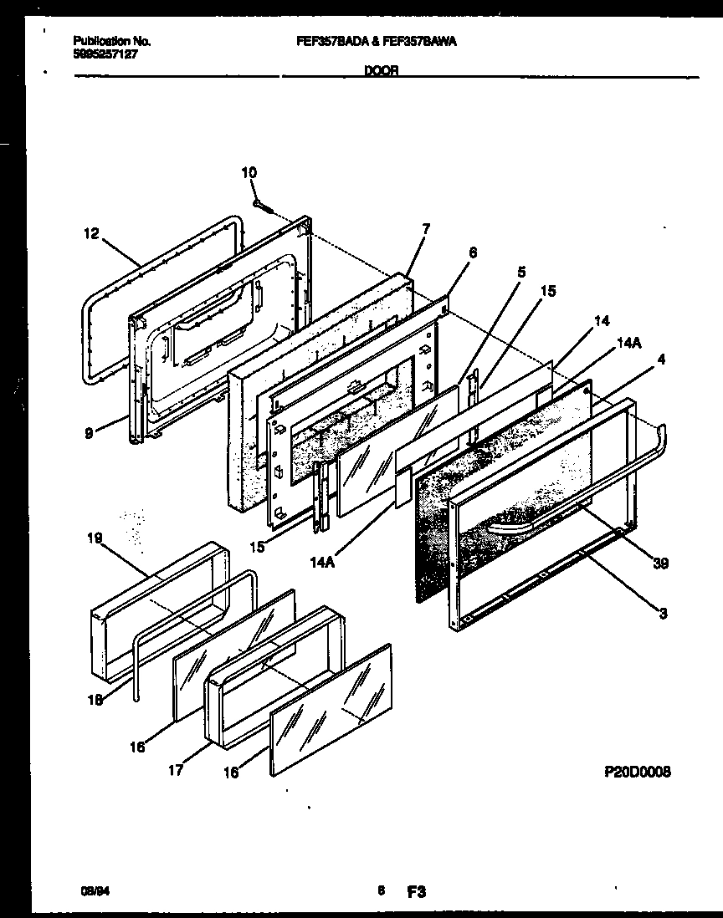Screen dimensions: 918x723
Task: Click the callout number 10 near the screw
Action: (249, 173)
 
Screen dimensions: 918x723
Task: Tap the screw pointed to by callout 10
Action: (263, 202)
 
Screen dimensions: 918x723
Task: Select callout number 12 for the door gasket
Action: (91, 235)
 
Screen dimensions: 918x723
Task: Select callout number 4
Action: (661, 361)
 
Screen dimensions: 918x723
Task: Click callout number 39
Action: (661, 566)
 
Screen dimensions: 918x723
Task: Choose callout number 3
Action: (663, 615)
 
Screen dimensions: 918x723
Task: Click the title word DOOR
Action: (381, 72)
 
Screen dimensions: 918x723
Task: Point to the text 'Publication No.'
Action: (112, 41)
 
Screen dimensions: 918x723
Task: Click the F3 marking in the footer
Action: (417, 892)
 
